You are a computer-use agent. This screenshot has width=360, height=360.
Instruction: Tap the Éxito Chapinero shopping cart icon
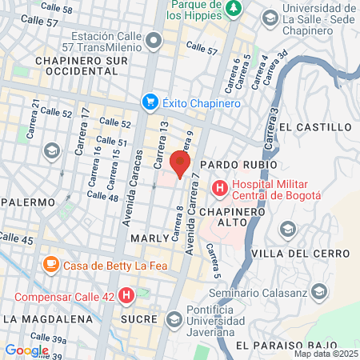pos(150,102)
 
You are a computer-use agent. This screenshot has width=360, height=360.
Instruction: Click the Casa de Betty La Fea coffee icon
pos(50,262)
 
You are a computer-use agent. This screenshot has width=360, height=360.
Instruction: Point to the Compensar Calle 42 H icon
pos(126,296)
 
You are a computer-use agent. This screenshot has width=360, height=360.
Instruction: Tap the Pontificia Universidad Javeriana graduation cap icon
pos(174,320)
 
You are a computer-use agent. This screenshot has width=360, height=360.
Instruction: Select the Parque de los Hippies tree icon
pos(233,8)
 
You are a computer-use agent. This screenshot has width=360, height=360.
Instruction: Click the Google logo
pos(26,350)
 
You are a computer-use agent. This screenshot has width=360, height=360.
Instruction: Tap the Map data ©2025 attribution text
pos(325,354)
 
